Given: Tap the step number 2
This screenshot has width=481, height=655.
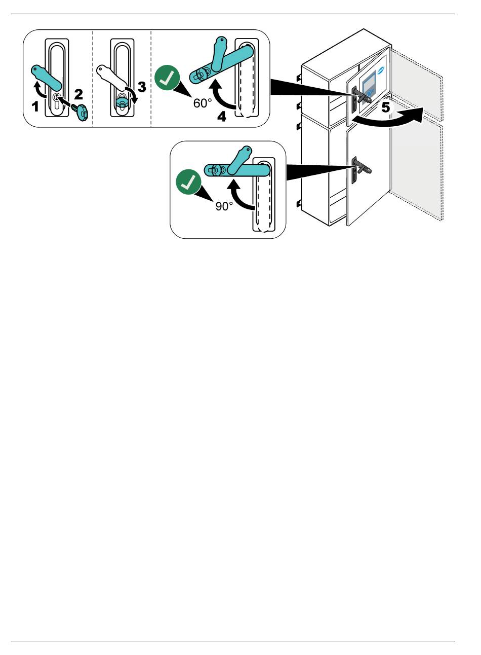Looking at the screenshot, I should click(78, 94).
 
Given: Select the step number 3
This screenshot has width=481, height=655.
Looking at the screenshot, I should click(142, 87).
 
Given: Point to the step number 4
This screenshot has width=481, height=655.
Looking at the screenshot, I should click(222, 117).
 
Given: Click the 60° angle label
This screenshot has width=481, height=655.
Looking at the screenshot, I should click(203, 103).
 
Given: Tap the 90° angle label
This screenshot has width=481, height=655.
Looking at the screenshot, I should click(224, 206).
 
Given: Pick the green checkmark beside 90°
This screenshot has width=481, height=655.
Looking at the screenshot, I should click(188, 184).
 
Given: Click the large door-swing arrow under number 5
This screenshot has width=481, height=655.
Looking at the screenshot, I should click(390, 118).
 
